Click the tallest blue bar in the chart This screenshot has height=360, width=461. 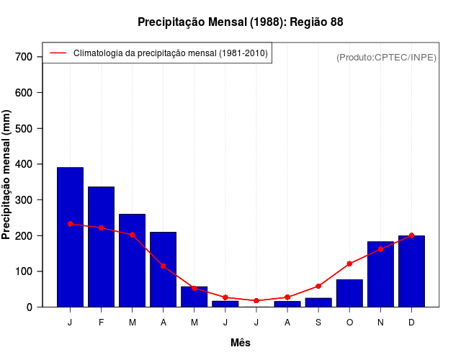pyautogui.click(x=70, y=237)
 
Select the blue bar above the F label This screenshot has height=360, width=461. pyautogui.click(x=101, y=247)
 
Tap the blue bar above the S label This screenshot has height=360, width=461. pyautogui.click(x=318, y=302)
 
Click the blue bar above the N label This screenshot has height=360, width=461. pyautogui.click(x=380, y=274)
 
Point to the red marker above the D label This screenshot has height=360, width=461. pyautogui.click(x=411, y=235)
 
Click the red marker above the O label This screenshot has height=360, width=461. pyautogui.click(x=349, y=264)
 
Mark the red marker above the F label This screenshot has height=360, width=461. pyautogui.click(x=101, y=228)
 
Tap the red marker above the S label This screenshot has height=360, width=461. pyautogui.click(x=318, y=286)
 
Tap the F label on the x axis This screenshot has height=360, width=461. pyautogui.click(x=101, y=323)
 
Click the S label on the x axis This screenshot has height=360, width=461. pyautogui.click(x=318, y=323)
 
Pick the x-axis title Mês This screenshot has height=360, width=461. pyautogui.click(x=241, y=343)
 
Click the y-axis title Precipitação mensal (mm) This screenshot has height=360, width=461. pyautogui.click(x=7, y=175)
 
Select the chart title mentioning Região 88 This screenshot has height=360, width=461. pyautogui.click(x=241, y=22)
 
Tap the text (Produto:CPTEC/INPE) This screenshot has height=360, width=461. pyautogui.click(x=386, y=57)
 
